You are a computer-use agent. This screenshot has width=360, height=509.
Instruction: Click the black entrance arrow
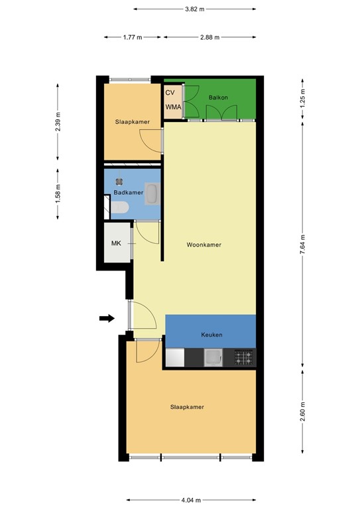[x=106, y=319]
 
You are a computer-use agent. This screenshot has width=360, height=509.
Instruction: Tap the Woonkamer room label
[x=204, y=245]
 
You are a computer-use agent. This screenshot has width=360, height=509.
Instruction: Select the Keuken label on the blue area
[x=211, y=335]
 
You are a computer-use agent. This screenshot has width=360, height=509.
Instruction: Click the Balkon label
[x=218, y=97]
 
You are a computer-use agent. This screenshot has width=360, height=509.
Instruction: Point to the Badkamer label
[x=128, y=193]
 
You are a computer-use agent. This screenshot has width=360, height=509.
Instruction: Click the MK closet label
[x=116, y=243]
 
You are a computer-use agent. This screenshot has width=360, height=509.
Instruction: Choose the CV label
[x=170, y=93]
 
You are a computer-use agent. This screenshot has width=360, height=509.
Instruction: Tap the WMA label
[x=173, y=107]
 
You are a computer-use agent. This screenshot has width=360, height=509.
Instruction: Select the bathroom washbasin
[x=152, y=194]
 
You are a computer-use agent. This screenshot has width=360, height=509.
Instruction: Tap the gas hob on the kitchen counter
[x=243, y=358]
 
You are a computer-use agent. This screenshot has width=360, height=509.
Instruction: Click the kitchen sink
[x=213, y=358]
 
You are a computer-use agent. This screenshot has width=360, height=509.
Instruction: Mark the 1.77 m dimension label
[x=133, y=38]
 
